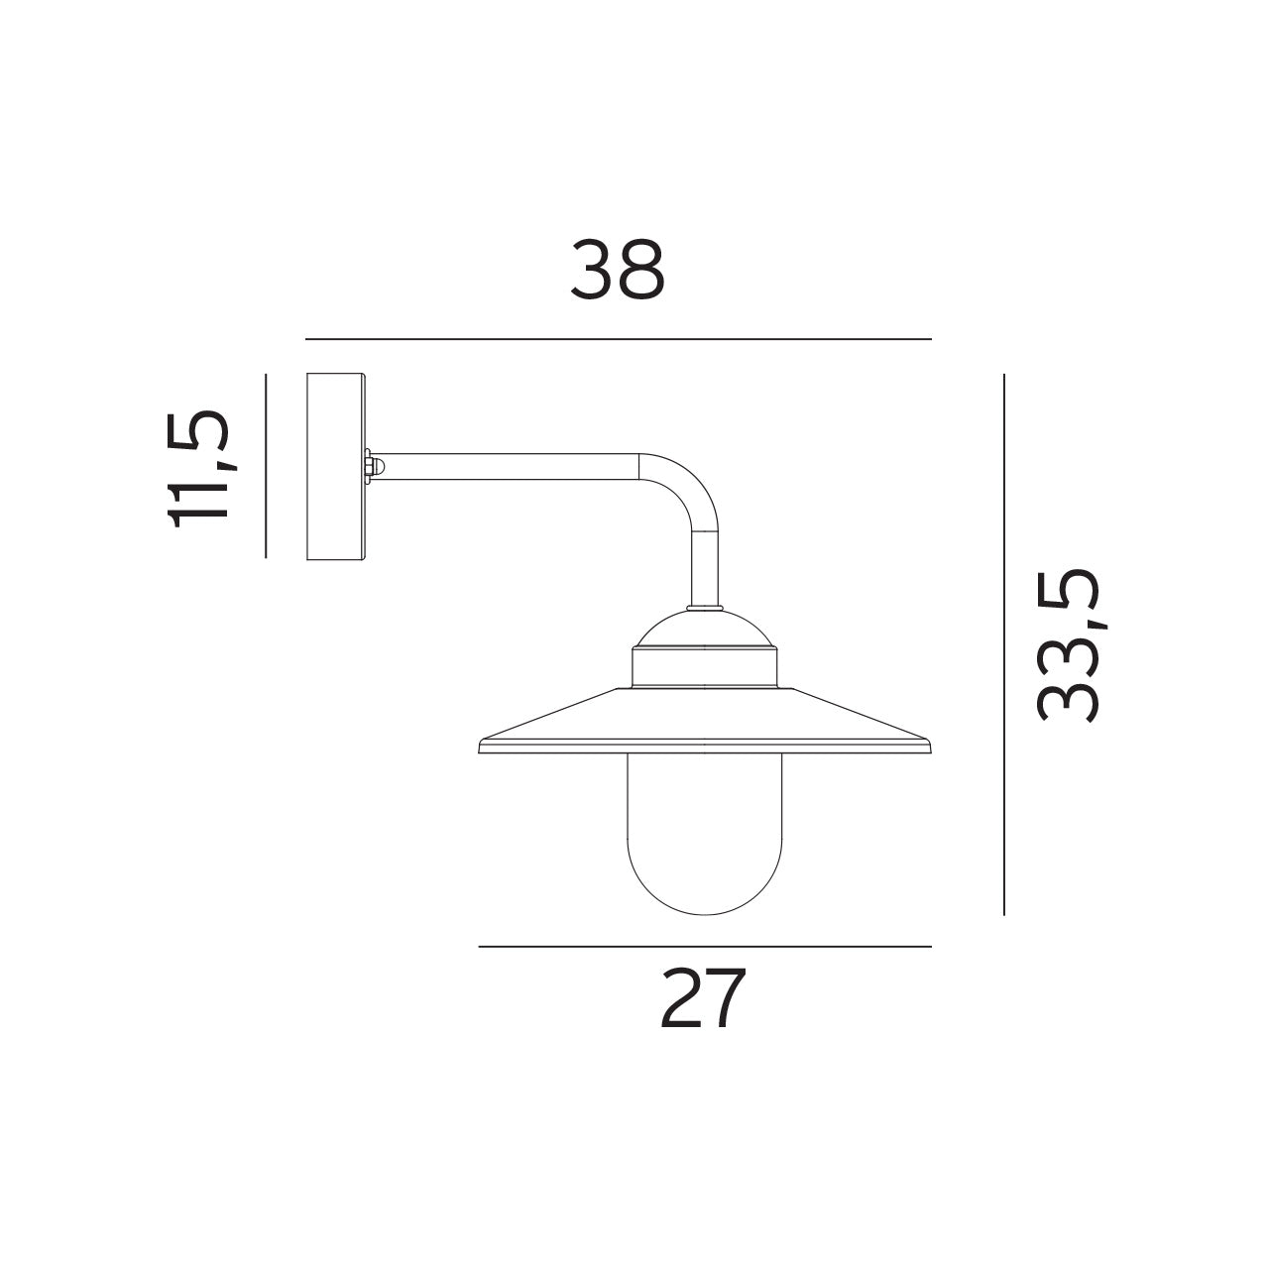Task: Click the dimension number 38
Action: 617,270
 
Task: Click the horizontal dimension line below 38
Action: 618,339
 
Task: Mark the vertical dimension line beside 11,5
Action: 266,466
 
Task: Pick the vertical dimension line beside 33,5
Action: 1003,644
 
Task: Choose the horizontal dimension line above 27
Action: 704,947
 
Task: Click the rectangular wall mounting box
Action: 336,467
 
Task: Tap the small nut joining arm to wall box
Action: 369,466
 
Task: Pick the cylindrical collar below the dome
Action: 704,668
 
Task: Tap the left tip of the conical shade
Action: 483,746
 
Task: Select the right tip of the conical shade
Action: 926,746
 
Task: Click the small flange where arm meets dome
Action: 704,609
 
